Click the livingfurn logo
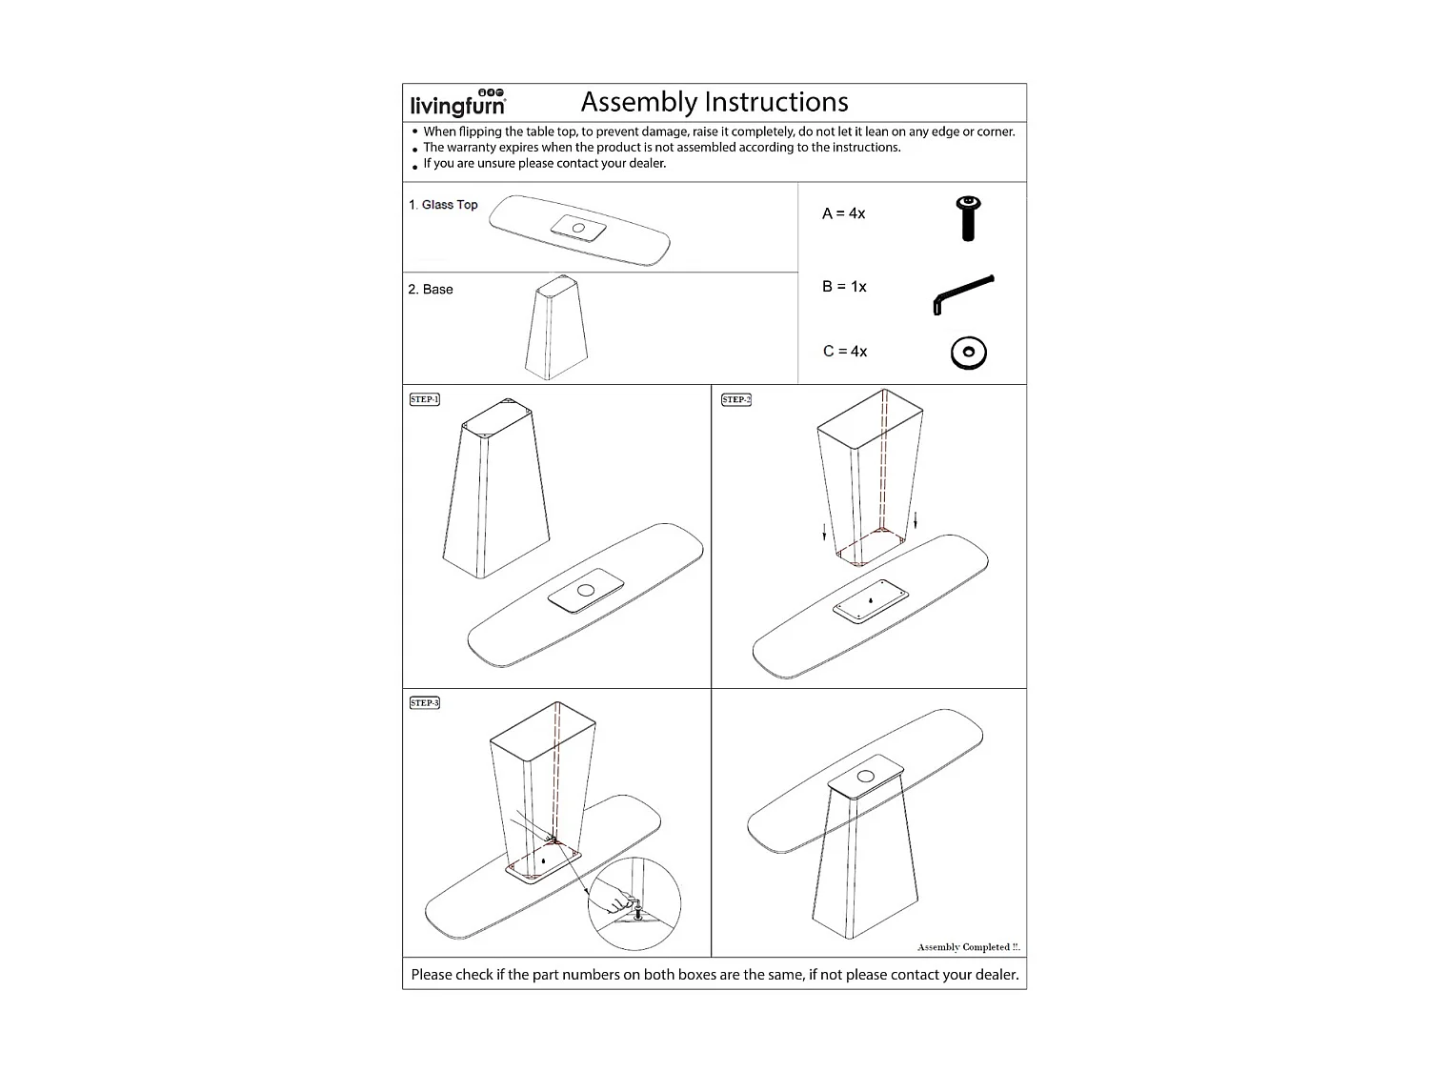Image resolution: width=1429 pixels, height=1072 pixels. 458,103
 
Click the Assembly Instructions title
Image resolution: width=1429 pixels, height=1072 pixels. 714,102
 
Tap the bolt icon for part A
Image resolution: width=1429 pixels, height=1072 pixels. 968,217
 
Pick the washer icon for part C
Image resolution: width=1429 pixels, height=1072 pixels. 968,354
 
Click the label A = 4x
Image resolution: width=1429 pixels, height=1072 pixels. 843,213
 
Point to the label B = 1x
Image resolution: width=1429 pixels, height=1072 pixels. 844,287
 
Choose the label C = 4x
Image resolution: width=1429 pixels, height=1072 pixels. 845,352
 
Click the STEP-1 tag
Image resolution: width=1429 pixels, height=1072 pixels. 425,399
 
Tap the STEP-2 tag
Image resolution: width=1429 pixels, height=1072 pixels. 736,399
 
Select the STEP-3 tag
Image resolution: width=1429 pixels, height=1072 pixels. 425,703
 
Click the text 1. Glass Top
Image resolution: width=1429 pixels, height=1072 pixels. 443,205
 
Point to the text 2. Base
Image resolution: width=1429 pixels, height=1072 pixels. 431,290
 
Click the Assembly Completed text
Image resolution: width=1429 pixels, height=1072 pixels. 968,947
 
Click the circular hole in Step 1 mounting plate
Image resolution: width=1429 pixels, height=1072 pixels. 586,590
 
